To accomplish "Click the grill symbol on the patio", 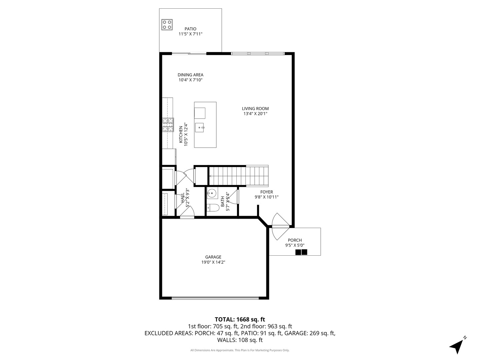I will (167, 24).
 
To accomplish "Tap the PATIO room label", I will (190, 29).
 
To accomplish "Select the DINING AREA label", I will (190, 75).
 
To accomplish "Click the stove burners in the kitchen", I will (168, 125).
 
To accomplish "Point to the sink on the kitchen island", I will (200, 127).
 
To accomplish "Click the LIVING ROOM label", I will (255, 109).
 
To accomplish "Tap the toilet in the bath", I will (212, 208).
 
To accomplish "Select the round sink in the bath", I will (211, 193).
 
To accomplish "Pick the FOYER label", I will (266, 192).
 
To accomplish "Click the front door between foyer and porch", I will (279, 226).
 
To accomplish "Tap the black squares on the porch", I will (301, 252).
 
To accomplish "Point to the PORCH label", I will (295, 240).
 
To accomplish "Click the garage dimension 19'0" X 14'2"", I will (213, 262).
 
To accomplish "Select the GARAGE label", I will (213, 257).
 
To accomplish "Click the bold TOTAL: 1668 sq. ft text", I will (240, 319).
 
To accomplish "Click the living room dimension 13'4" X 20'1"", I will (255, 114).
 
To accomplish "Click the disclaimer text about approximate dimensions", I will (240, 350).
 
